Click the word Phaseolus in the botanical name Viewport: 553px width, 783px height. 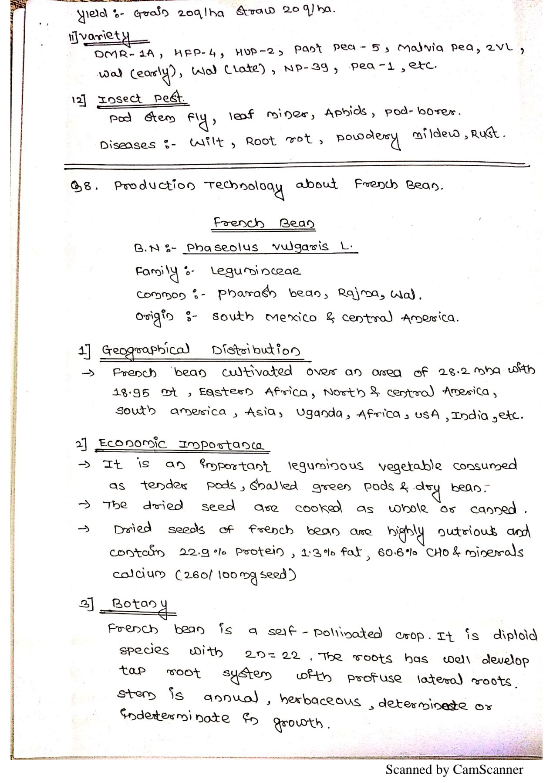coord(222,247)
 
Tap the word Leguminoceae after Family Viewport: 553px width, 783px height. coord(256,271)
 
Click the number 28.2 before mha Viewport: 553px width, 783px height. coord(454,372)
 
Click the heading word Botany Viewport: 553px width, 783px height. coord(140,605)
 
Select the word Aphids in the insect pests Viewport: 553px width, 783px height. coord(345,112)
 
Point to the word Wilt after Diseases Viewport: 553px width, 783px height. coord(206,142)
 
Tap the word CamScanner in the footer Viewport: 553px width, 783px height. coord(488,770)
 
